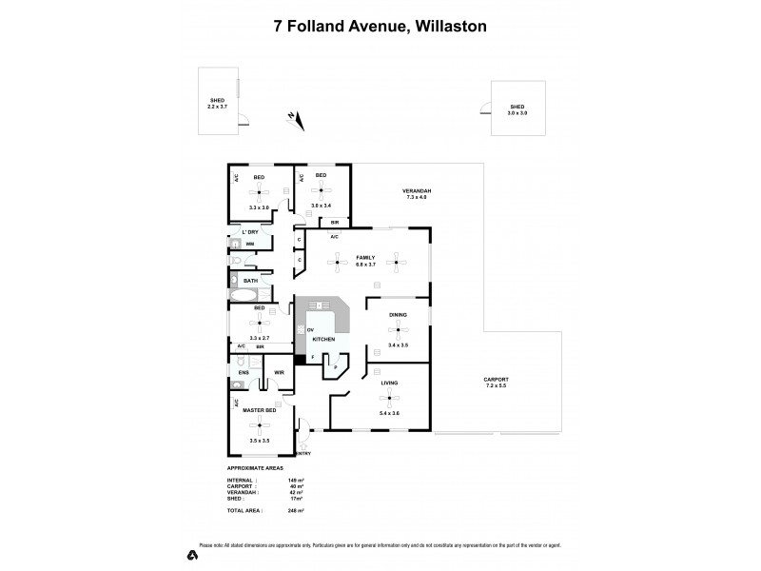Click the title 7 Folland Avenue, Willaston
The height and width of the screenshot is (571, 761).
(x=380, y=26)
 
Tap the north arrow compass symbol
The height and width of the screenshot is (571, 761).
(x=296, y=119)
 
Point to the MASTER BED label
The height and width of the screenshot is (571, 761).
(x=259, y=410)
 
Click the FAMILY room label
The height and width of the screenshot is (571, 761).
(x=366, y=258)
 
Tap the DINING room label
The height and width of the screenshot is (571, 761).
(x=399, y=314)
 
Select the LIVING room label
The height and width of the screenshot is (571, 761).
(x=389, y=383)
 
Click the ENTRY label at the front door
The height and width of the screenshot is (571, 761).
(x=303, y=453)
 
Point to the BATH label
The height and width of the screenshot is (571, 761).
(x=250, y=281)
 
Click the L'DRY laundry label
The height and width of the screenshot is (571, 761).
(x=250, y=232)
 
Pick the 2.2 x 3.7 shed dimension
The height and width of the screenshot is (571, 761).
(x=218, y=107)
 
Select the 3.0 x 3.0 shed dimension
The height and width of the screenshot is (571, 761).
(x=517, y=113)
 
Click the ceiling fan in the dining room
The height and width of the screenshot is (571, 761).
(x=399, y=329)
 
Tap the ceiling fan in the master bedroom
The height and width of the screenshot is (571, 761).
(x=259, y=425)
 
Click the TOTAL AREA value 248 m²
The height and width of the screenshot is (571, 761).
(x=295, y=511)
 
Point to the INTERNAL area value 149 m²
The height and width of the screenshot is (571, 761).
(x=295, y=480)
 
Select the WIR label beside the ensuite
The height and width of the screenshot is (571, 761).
(x=280, y=371)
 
